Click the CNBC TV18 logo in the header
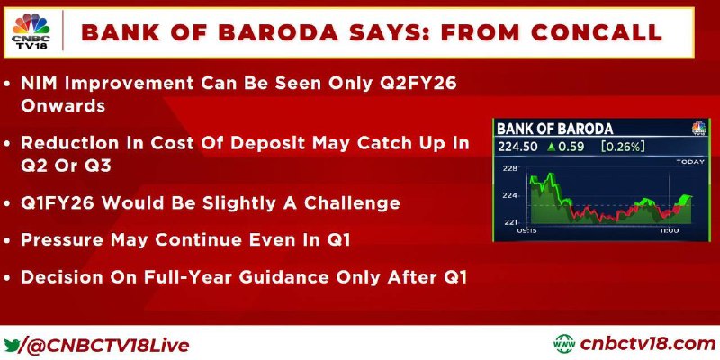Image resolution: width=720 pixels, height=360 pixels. click(x=31, y=32)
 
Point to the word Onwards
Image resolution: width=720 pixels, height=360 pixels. click(x=63, y=106)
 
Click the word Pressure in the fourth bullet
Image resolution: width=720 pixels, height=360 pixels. click(x=62, y=240)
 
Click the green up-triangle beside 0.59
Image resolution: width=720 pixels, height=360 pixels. click(x=552, y=147)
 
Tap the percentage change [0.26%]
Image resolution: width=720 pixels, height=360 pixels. click(x=623, y=147)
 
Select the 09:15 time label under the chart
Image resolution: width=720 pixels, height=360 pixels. click(x=526, y=230)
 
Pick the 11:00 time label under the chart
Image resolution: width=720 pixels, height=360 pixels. click(x=669, y=230)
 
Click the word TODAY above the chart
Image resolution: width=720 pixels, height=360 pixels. click(x=690, y=162)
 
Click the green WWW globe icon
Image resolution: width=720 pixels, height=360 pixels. click(x=564, y=344)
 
